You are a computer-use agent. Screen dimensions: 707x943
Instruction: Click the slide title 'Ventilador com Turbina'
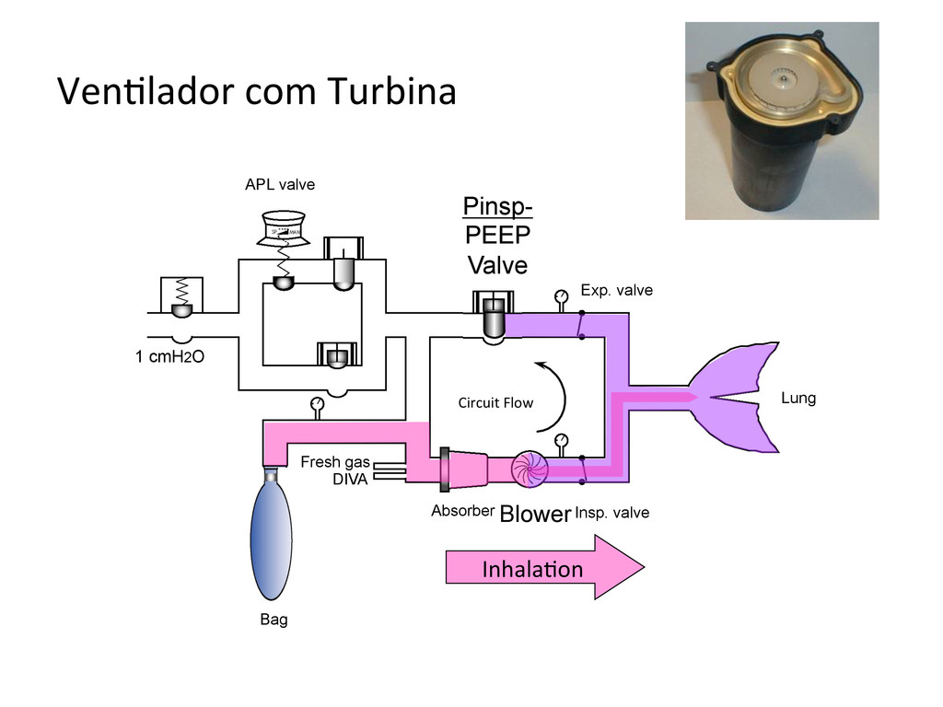(x=256, y=93)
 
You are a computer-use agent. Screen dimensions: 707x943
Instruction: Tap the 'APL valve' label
(x=279, y=185)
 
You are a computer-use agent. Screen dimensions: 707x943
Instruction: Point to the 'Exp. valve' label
(x=616, y=291)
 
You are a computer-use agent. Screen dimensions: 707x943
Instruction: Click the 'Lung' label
(x=797, y=399)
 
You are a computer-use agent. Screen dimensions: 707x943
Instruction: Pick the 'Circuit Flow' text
(x=495, y=402)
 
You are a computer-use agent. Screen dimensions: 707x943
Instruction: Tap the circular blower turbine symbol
(x=530, y=468)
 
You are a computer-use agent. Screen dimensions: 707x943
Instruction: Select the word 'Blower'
(x=534, y=515)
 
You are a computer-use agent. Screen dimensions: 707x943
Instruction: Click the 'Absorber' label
(x=462, y=511)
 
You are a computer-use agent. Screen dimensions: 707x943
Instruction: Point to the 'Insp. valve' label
(x=611, y=513)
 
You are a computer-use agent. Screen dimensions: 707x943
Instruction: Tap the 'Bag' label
(x=274, y=620)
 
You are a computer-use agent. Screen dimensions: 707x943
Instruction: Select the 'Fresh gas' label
(x=334, y=462)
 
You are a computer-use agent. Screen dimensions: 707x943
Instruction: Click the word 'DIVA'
(x=350, y=480)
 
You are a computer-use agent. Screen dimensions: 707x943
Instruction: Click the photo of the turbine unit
(x=781, y=121)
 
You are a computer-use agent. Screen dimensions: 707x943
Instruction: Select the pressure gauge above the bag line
(x=318, y=403)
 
